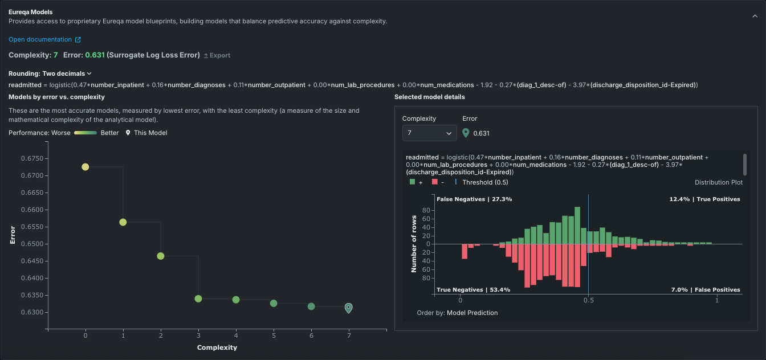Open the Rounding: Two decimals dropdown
(x=50, y=73)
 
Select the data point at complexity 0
(x=85, y=167)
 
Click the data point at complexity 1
(x=123, y=222)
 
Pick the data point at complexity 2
(x=161, y=256)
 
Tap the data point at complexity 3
(x=198, y=298)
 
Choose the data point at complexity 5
(x=274, y=303)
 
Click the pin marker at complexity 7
(x=349, y=308)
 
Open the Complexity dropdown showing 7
(x=429, y=133)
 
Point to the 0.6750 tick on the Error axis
(x=32, y=158)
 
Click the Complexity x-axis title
(x=217, y=347)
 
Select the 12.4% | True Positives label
(x=704, y=199)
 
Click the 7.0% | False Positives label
(x=706, y=290)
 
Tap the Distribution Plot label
(x=718, y=182)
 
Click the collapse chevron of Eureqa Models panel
(x=755, y=17)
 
